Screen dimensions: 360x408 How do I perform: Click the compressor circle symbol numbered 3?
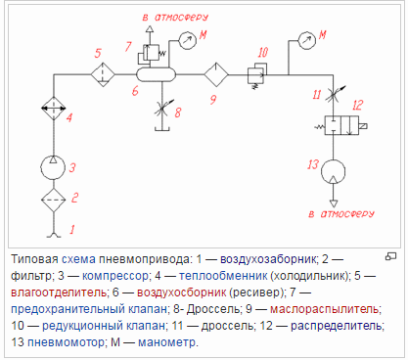52,164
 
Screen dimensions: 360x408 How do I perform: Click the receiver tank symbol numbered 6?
154,73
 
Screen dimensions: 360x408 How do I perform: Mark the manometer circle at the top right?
306,41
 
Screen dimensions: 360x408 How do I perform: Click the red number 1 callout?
70,231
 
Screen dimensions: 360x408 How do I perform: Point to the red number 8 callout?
178,112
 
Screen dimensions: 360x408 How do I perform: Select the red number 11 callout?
315,94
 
